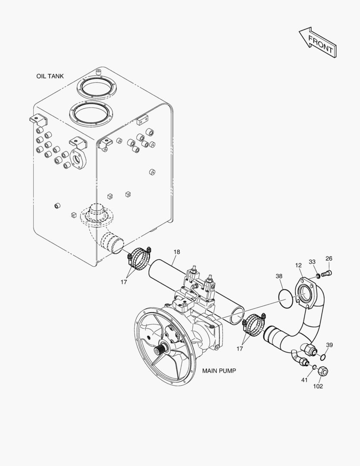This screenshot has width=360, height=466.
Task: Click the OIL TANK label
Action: (50, 76)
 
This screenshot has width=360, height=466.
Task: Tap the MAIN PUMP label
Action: (219, 371)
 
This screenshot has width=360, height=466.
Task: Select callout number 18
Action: (177, 252)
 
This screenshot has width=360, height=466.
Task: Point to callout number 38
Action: (279, 276)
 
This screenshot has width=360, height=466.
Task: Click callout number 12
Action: (298, 265)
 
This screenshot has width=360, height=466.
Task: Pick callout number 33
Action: (312, 261)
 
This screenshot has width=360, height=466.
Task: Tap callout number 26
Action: (329, 258)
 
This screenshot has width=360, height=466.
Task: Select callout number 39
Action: (329, 345)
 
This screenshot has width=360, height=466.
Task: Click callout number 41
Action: (304, 380)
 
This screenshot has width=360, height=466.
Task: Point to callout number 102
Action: (318, 386)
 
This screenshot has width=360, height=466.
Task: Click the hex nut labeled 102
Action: (323, 371)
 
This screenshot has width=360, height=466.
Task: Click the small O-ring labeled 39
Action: (324, 356)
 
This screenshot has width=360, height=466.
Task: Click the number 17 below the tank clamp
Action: (124, 282)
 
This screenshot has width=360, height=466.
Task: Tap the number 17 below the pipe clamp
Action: (240, 349)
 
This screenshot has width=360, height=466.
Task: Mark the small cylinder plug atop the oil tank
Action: (99, 72)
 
